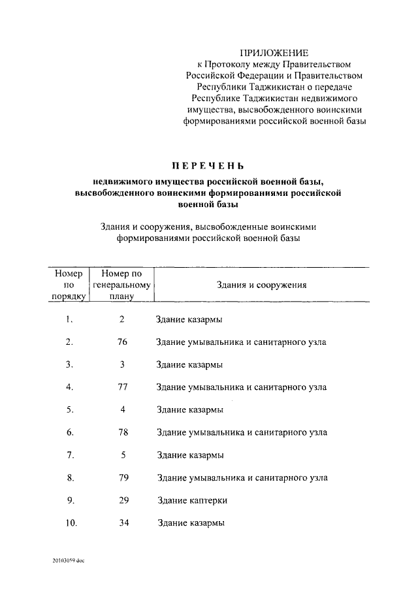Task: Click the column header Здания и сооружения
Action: tap(261, 285)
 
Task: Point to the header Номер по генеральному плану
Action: tap(122, 285)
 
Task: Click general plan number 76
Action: tap(122, 342)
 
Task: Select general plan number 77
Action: tap(122, 387)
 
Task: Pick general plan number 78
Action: tap(122, 432)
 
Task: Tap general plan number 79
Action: tap(122, 477)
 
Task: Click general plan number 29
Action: tap(122, 500)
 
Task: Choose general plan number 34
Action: tap(122, 523)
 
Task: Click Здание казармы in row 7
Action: tap(190, 455)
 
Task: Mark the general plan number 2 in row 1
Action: tap(122, 319)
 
